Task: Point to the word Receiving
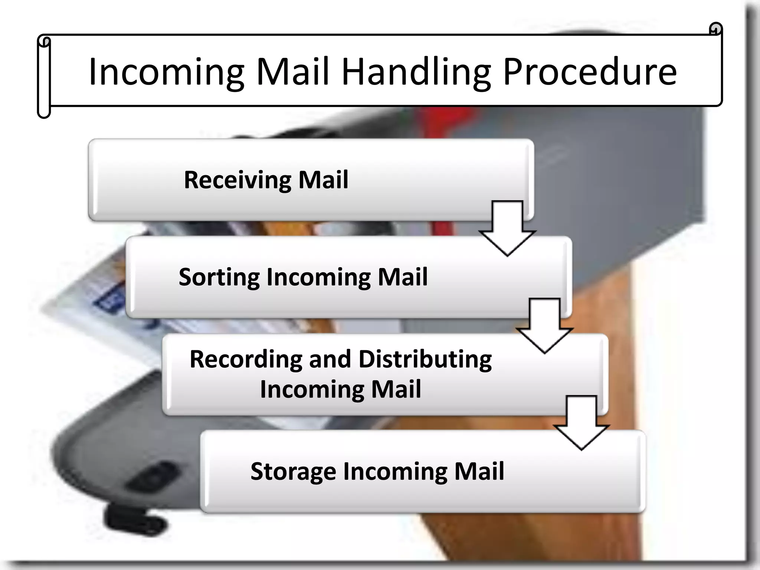pyautogui.click(x=237, y=180)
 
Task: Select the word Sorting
pyautogui.click(x=219, y=278)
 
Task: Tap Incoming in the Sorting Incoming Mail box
pyautogui.click(x=318, y=277)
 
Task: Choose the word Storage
pyautogui.click(x=293, y=472)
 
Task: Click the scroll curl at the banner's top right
pyautogui.click(x=715, y=29)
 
